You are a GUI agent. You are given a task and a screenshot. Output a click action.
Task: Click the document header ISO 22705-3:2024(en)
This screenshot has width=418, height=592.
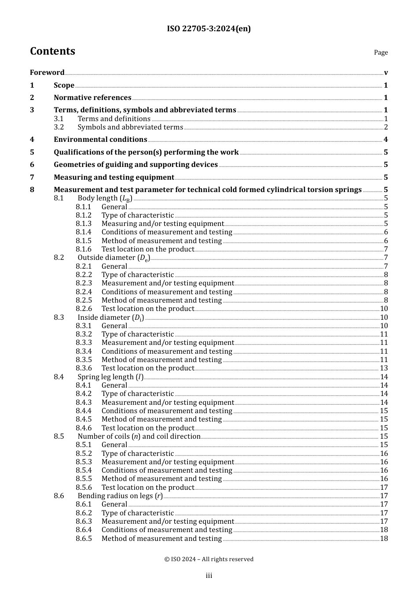[209, 29]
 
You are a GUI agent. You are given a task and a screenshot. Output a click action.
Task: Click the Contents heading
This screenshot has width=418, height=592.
[52, 51]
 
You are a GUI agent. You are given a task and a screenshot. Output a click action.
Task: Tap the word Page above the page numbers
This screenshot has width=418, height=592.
[381, 52]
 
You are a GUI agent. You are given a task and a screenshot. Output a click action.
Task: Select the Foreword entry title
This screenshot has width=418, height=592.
[47, 73]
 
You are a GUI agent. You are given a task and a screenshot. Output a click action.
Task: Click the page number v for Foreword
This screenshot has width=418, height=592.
[385, 73]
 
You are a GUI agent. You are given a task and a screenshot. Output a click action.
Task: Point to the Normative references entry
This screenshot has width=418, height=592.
[92, 98]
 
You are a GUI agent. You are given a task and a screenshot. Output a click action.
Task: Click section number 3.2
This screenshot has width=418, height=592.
[59, 127]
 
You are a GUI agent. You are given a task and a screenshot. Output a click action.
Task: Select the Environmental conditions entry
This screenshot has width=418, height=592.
[100, 140]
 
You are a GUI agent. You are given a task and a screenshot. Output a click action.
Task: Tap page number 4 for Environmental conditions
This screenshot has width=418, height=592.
[385, 140]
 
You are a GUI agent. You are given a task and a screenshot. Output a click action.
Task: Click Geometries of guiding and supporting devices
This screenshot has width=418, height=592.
[136, 165]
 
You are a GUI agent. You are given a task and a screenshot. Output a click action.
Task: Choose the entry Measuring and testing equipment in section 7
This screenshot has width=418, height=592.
[114, 178]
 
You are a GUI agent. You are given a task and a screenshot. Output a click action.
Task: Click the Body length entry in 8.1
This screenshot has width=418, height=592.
[105, 198]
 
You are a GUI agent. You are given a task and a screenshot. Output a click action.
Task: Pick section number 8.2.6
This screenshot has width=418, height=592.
[84, 309]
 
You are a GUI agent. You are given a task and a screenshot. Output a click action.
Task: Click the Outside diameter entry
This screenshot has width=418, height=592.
[114, 258]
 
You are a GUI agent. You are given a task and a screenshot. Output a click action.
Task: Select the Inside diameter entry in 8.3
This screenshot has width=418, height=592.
[110, 318]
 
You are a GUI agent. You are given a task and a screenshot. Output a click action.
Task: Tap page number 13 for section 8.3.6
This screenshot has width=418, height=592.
[384, 368]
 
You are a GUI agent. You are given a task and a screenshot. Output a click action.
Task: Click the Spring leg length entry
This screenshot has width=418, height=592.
[110, 377]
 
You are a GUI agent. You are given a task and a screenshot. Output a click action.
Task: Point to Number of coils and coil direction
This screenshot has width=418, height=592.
[139, 437]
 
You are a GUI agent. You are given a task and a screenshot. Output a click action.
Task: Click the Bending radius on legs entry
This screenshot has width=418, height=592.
[120, 496]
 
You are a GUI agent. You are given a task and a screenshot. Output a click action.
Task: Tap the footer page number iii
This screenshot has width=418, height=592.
[209, 576]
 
